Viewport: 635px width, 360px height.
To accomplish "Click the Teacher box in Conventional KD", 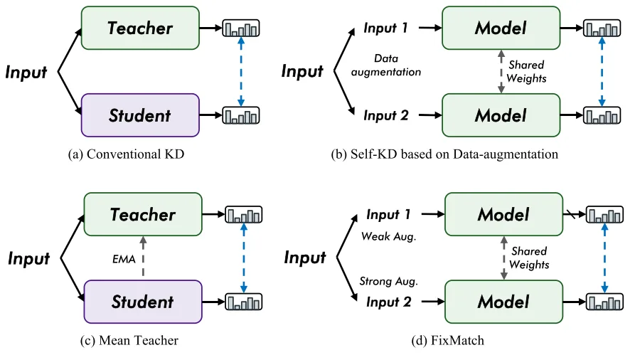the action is [140, 28].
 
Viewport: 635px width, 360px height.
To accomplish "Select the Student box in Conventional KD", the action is [140, 115].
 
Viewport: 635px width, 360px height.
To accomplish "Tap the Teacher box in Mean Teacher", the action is [143, 214].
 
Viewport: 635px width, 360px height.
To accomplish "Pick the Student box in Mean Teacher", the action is [143, 302].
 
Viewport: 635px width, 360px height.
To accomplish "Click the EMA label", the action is [124, 259].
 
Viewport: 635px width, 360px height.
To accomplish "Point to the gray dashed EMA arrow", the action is [143, 257].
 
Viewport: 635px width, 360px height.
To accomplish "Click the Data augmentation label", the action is [386, 65].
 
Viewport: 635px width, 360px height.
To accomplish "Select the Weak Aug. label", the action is [389, 236].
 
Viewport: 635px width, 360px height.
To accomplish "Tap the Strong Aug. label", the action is [389, 281].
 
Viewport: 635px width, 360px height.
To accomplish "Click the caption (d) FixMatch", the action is [447, 340].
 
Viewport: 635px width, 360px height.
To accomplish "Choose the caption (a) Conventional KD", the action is [126, 154].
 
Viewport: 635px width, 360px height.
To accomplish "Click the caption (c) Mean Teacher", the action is [129, 340].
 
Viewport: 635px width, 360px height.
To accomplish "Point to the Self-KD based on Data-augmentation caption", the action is [444, 154].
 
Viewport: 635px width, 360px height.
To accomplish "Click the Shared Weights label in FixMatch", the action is [529, 258].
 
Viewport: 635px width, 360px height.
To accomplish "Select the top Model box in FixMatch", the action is [503, 214].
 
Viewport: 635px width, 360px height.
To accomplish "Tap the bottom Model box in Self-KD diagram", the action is [501, 115].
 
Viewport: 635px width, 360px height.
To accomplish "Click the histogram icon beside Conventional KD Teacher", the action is [241, 28].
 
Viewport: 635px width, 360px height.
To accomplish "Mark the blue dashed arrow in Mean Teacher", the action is [244, 258].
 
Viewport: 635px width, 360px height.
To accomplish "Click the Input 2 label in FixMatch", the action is [388, 302].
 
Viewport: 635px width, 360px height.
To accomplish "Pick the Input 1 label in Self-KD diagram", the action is [385, 28].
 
